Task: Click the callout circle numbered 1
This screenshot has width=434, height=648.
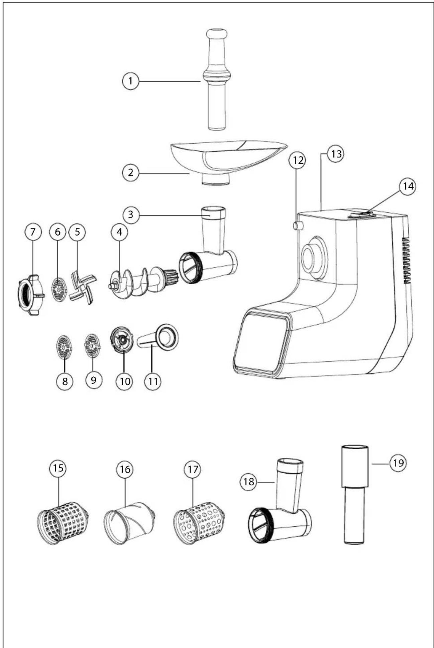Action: pyautogui.click(x=130, y=81)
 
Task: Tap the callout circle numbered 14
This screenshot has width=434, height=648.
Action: pyautogui.click(x=408, y=186)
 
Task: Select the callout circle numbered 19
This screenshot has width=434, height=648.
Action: pyautogui.click(x=398, y=463)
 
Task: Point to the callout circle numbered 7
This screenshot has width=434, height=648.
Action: pyautogui.click(x=33, y=232)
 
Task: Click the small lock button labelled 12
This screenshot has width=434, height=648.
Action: pyautogui.click(x=298, y=226)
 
